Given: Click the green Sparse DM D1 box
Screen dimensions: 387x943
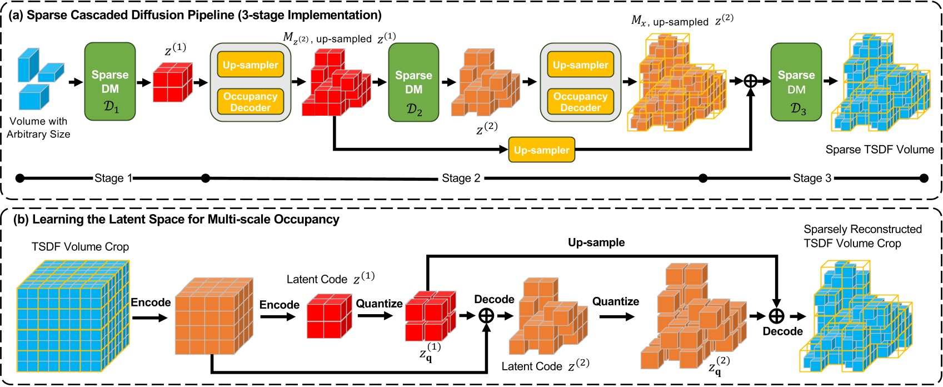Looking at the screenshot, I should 110,81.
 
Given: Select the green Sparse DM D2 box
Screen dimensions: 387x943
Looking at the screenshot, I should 413,82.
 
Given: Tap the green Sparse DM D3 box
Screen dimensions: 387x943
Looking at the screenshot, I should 796,82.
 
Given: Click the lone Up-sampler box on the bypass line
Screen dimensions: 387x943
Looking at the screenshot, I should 541,151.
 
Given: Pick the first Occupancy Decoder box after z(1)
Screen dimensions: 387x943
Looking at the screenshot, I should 250,102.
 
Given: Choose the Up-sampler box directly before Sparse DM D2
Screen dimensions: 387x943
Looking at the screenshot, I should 250,65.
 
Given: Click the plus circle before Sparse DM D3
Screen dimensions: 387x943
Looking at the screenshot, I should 751,81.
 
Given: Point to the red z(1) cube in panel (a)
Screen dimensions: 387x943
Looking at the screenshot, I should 172,82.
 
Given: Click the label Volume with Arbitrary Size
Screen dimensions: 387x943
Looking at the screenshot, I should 38,127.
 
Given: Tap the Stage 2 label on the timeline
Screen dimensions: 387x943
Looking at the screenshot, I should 461,178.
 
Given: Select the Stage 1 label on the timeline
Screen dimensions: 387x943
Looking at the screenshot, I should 113,178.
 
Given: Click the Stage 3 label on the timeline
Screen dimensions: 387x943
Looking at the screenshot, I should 812,178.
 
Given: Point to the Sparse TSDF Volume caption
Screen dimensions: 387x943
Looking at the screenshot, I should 879,149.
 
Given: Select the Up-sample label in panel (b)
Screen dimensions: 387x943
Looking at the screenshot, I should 596,242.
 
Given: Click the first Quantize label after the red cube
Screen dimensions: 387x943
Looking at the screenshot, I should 379,304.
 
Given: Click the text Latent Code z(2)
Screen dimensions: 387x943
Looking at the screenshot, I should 545,366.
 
